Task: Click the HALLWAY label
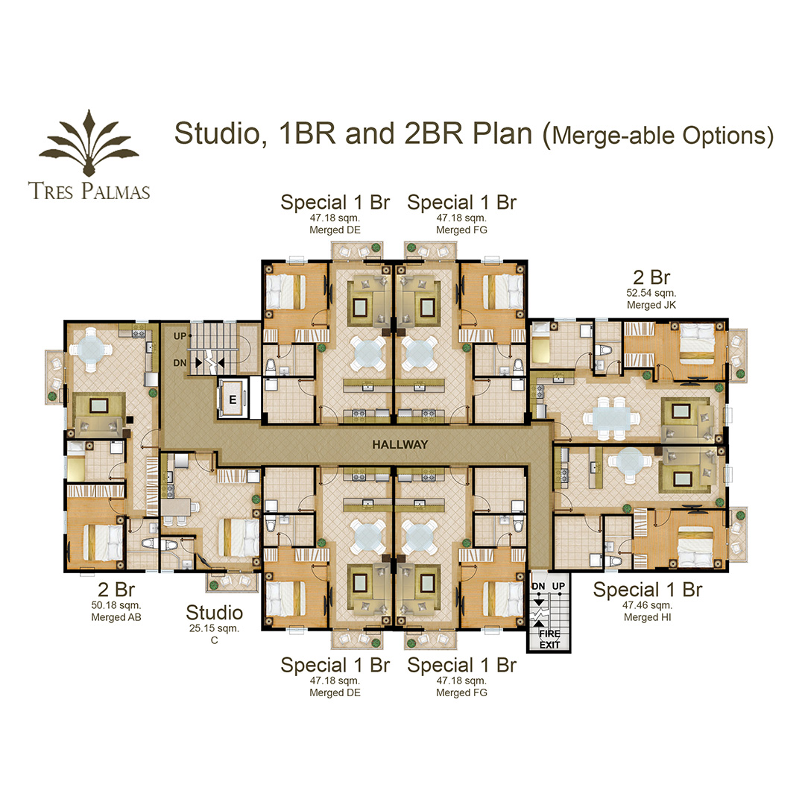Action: pos(400,444)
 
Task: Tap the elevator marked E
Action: pos(233,399)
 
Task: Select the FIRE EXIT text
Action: pos(549,640)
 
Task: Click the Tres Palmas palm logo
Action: pos(89,143)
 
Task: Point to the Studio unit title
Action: pos(214,613)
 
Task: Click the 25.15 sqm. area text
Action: pos(214,628)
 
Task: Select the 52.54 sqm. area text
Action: pos(651,293)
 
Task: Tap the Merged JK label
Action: pos(651,305)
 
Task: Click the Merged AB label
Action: pos(116,617)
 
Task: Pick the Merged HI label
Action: pos(648,617)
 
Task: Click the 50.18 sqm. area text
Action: pos(116,605)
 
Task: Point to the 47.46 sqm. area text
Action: pos(648,605)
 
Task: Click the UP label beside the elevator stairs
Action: pos(180,336)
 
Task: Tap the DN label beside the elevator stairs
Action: pos(180,363)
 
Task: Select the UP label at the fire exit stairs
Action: pos(558,587)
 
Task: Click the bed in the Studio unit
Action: pos(239,537)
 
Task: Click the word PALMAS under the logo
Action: pos(116,191)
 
